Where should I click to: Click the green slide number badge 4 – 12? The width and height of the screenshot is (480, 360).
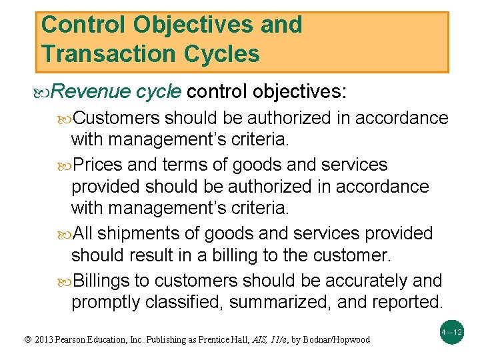(452, 331)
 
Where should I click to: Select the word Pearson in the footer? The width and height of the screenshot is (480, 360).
(60, 340)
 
